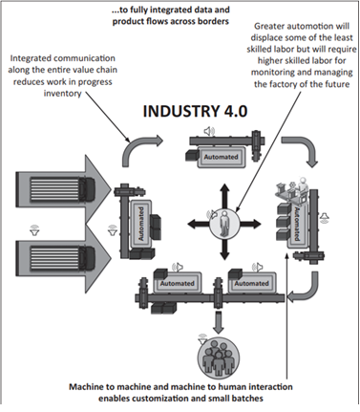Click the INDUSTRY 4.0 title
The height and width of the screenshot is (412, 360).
pos(195,111)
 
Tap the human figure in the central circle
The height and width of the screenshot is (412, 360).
pos(224,224)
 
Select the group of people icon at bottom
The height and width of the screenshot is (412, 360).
pos(217,360)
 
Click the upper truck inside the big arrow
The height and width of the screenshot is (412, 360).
pos(63,189)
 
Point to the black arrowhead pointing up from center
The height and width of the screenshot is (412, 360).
pos(224,187)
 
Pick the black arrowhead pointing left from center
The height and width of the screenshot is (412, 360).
pos(192,224)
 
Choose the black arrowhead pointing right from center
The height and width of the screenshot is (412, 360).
pos(256,224)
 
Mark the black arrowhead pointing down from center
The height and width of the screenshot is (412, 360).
pos(224,255)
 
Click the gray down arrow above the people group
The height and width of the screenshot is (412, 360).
pos(218,322)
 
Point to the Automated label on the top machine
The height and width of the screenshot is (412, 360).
pos(221,157)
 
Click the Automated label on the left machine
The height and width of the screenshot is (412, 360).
pos(141,224)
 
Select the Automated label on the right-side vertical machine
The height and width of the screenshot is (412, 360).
pos(297,225)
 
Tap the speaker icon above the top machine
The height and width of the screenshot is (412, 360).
pos(209,131)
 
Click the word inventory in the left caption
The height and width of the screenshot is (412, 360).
pos(62,94)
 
